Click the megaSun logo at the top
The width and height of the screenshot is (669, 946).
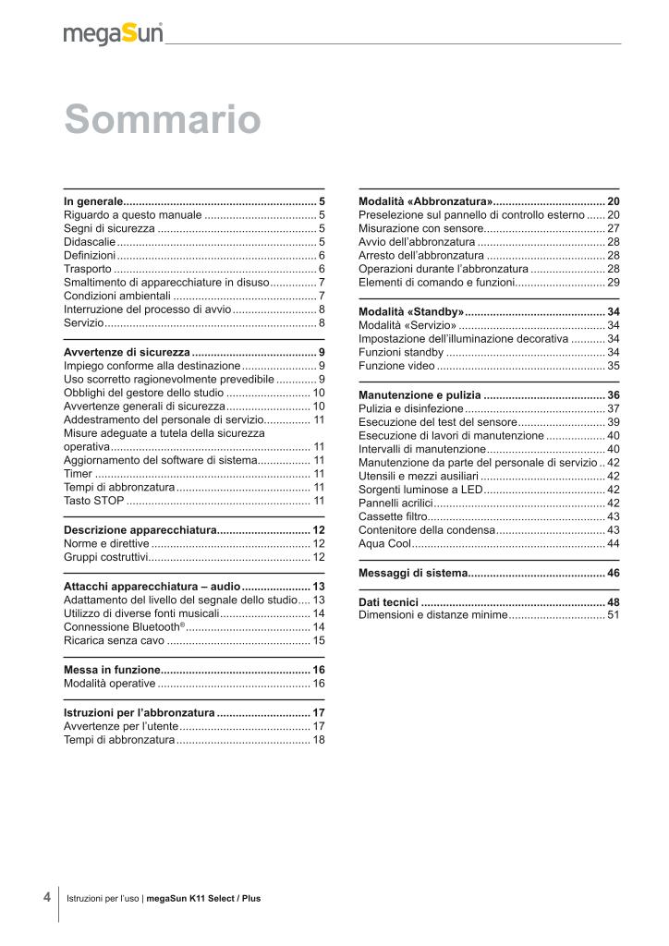point(113,34)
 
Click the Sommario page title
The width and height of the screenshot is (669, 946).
point(162,120)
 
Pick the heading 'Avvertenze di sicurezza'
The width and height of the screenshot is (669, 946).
point(127,352)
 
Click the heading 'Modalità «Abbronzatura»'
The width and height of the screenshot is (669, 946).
point(425,201)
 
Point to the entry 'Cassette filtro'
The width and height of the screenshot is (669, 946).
point(393,515)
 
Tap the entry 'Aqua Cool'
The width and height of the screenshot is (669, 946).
point(384,543)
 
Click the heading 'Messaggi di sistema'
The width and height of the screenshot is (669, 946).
point(413,574)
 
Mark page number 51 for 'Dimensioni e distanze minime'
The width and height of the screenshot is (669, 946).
point(613,614)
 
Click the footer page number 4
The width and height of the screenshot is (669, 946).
point(47,896)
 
